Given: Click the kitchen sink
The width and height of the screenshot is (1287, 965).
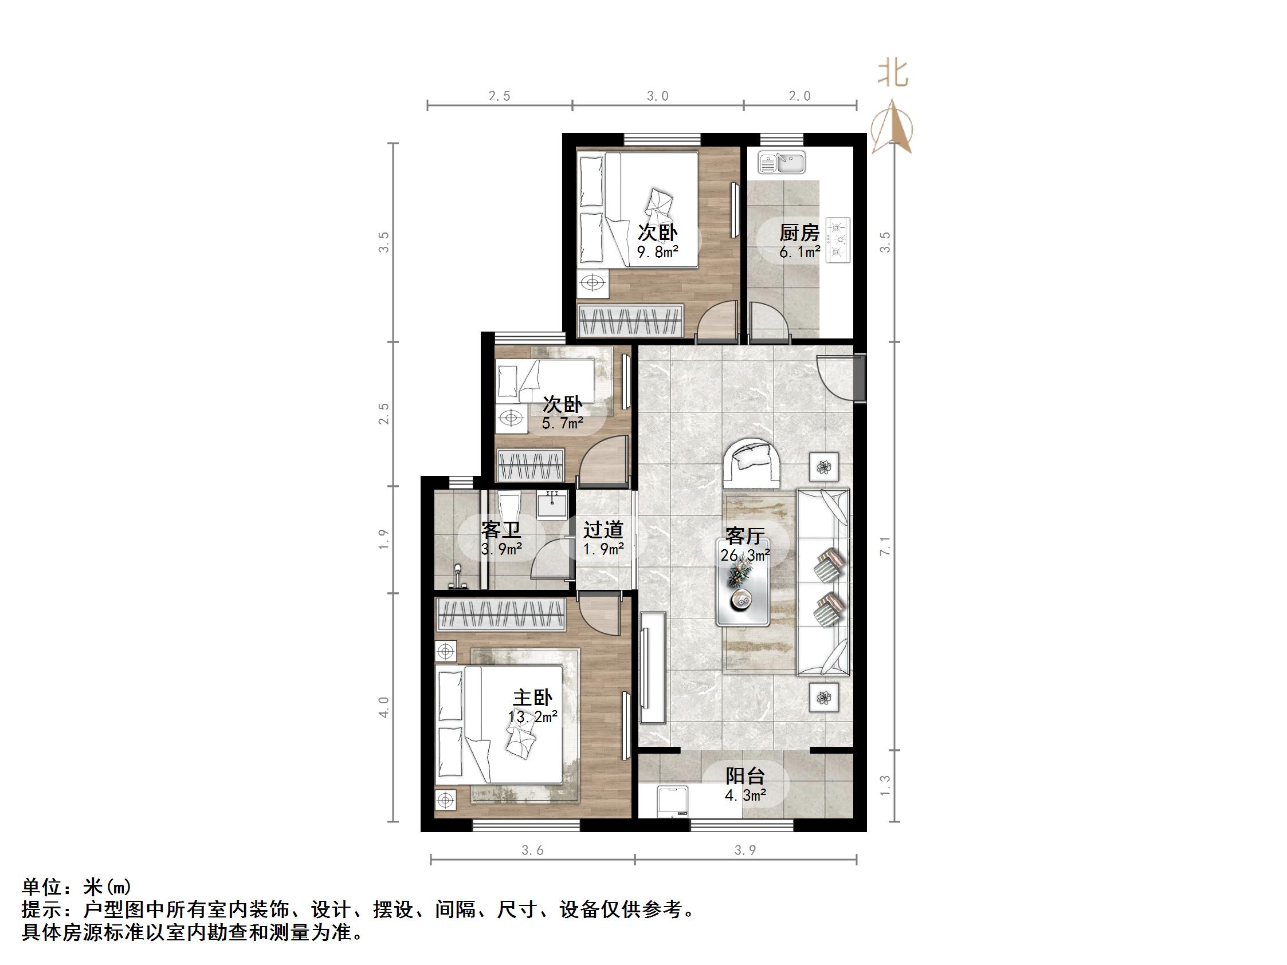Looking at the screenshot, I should pos(782,162).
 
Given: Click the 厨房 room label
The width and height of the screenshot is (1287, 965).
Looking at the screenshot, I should pos(799,233).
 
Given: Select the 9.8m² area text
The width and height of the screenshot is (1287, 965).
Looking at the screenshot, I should pos(658,252).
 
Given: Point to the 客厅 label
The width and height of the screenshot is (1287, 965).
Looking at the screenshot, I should pos(745,535).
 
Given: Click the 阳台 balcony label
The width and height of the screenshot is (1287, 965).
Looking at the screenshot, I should pos(745,776).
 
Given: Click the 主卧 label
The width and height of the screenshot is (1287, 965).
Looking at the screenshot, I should pos(532,698).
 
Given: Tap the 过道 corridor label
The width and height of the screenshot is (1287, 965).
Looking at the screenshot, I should pos(603,530).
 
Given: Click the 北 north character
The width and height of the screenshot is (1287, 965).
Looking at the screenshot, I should pos(893,74).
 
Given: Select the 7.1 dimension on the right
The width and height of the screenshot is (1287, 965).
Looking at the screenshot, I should pos(885,546).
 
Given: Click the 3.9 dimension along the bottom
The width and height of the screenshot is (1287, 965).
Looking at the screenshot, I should pos(745,850).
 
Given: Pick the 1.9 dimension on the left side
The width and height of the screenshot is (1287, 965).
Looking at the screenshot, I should pos(383,539).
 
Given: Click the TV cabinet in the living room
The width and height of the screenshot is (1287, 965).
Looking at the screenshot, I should pos(653,668).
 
